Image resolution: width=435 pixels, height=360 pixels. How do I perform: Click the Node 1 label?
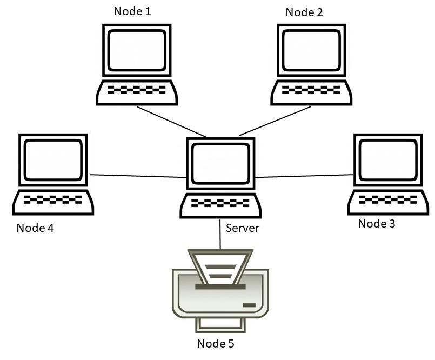pyautogui.click(x=132, y=11)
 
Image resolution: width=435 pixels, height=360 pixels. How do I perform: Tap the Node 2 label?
pyautogui.click(x=304, y=12)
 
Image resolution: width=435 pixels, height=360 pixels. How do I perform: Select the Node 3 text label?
pyautogui.click(x=377, y=223)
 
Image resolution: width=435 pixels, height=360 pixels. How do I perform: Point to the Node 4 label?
pyautogui.click(x=35, y=228)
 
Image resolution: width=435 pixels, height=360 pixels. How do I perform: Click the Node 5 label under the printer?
pyautogui.click(x=216, y=343)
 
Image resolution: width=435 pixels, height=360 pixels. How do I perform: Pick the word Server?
pyautogui.click(x=243, y=228)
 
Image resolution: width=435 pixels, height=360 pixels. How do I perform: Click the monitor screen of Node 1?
pyautogui.click(x=137, y=50)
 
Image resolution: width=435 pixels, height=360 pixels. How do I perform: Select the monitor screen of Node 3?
pyautogui.click(x=388, y=161)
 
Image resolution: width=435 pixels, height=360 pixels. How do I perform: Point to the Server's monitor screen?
pyautogui.click(x=220, y=164)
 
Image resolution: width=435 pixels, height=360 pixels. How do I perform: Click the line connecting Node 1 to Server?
pyautogui.click(x=172, y=122)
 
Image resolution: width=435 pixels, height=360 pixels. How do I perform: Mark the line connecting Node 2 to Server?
pyautogui.click(x=275, y=121)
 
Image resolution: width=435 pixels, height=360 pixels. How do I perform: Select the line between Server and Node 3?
pyautogui.click(x=304, y=176)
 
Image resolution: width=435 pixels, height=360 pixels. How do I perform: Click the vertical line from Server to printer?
pyautogui.click(x=220, y=234)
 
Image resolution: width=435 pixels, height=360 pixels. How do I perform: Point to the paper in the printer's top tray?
pyautogui.click(x=219, y=268)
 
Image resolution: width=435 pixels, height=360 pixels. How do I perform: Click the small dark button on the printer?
pyautogui.click(x=249, y=305)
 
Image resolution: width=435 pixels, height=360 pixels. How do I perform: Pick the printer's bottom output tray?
pyautogui.click(x=220, y=325)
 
